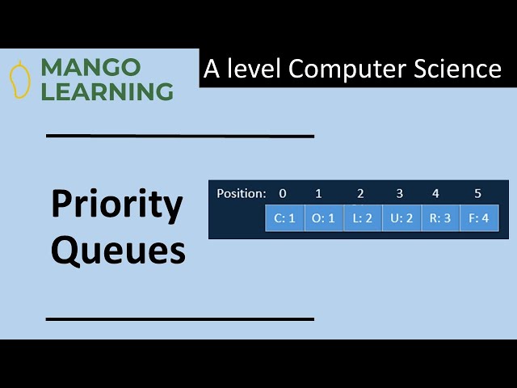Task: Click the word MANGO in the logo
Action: (90, 67)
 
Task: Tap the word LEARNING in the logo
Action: (107, 91)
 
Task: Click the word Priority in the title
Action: (117, 205)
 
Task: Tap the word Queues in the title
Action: (118, 251)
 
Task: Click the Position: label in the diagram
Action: (241, 193)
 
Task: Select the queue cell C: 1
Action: (284, 218)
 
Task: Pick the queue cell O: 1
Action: (323, 218)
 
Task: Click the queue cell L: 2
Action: (362, 218)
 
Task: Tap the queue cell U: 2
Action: (401, 218)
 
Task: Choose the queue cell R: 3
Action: (440, 218)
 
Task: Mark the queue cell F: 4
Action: (479, 218)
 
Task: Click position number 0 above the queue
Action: (282, 193)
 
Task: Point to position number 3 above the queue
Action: (399, 193)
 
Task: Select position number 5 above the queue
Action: (477, 193)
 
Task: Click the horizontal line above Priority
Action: (179, 136)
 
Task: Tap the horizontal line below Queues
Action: (179, 319)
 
